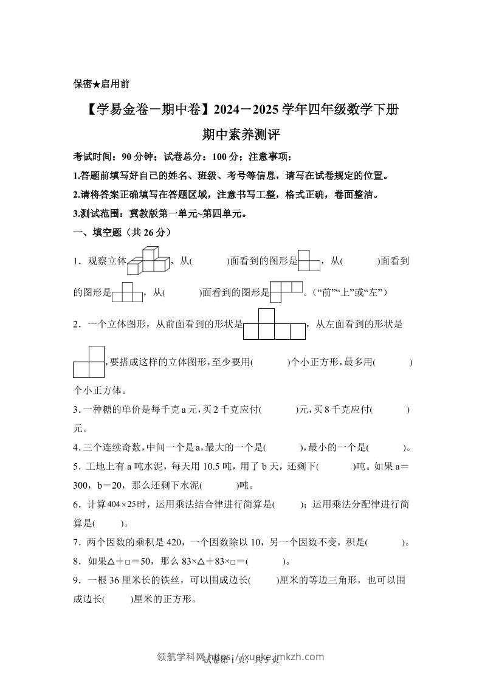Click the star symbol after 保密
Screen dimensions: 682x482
tap(97, 84)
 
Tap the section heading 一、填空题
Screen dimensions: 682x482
tap(98, 232)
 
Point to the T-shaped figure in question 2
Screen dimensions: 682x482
tap(274, 324)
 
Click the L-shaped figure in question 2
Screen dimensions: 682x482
tap(89, 362)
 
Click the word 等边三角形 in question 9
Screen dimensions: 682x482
tap(331, 580)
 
